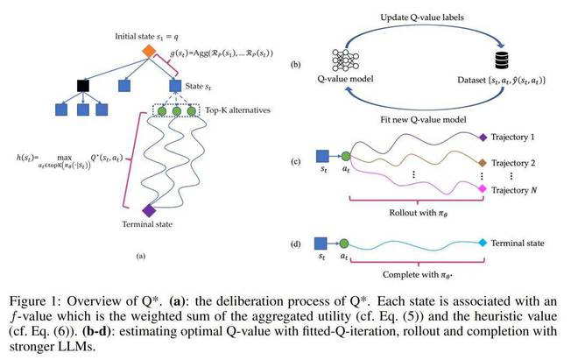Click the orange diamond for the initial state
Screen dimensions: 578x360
click(149, 51)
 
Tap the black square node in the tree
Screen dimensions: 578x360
click(83, 86)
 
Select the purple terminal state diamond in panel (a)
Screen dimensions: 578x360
click(149, 210)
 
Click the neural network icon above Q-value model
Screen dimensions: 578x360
click(345, 60)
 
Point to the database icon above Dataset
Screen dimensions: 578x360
click(502, 60)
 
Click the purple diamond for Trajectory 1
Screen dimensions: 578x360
click(483, 138)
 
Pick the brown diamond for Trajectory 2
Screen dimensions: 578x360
click(483, 163)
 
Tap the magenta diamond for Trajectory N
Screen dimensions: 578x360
click(483, 189)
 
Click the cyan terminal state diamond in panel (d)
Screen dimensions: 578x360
click(483, 243)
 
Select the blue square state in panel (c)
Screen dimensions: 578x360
click(322, 156)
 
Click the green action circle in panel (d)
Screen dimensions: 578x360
click(344, 244)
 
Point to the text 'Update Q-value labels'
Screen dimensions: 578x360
click(422, 18)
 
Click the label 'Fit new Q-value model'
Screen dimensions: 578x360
click(423, 119)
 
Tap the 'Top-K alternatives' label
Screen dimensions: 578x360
click(237, 109)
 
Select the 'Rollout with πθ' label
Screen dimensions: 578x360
click(419, 213)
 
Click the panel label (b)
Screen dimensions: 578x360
click(295, 65)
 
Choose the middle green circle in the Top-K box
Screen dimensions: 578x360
click(177, 111)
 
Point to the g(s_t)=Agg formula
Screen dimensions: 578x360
click(222, 53)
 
